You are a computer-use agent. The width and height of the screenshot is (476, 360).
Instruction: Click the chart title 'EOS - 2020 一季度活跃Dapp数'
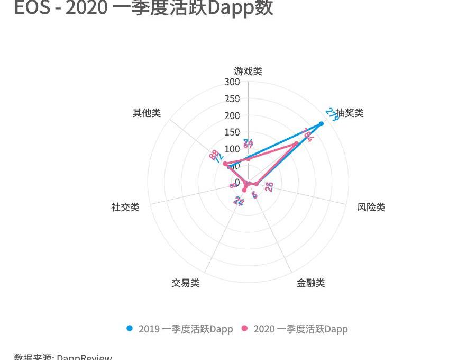(x=143, y=7)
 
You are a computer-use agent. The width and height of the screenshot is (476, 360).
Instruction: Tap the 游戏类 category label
(x=248, y=71)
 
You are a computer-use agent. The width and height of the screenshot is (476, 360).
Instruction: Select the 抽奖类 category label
(x=350, y=113)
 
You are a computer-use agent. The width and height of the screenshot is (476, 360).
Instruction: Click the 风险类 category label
(x=371, y=207)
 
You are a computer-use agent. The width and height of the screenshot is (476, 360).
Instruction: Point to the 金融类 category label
(x=310, y=283)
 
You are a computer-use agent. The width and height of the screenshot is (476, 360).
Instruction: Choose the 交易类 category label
(x=185, y=283)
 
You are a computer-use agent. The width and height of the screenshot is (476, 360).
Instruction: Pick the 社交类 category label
(x=125, y=207)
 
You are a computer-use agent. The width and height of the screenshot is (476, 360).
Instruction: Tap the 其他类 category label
(x=147, y=113)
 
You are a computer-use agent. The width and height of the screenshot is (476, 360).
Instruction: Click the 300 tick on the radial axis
(x=232, y=82)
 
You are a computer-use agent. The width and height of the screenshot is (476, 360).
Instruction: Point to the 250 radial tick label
(x=232, y=99)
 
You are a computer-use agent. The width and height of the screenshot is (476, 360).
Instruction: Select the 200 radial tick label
(x=232, y=116)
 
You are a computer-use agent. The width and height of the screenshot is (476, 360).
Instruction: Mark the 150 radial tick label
(x=232, y=132)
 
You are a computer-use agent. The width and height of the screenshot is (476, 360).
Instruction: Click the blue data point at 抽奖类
(x=321, y=124)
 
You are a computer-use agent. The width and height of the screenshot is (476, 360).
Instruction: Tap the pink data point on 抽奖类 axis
(x=296, y=144)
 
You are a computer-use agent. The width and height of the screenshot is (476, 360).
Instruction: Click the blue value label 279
(x=332, y=114)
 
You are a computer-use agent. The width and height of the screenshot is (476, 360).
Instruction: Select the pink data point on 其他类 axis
(x=225, y=164)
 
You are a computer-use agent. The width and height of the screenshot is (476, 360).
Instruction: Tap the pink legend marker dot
(x=244, y=328)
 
